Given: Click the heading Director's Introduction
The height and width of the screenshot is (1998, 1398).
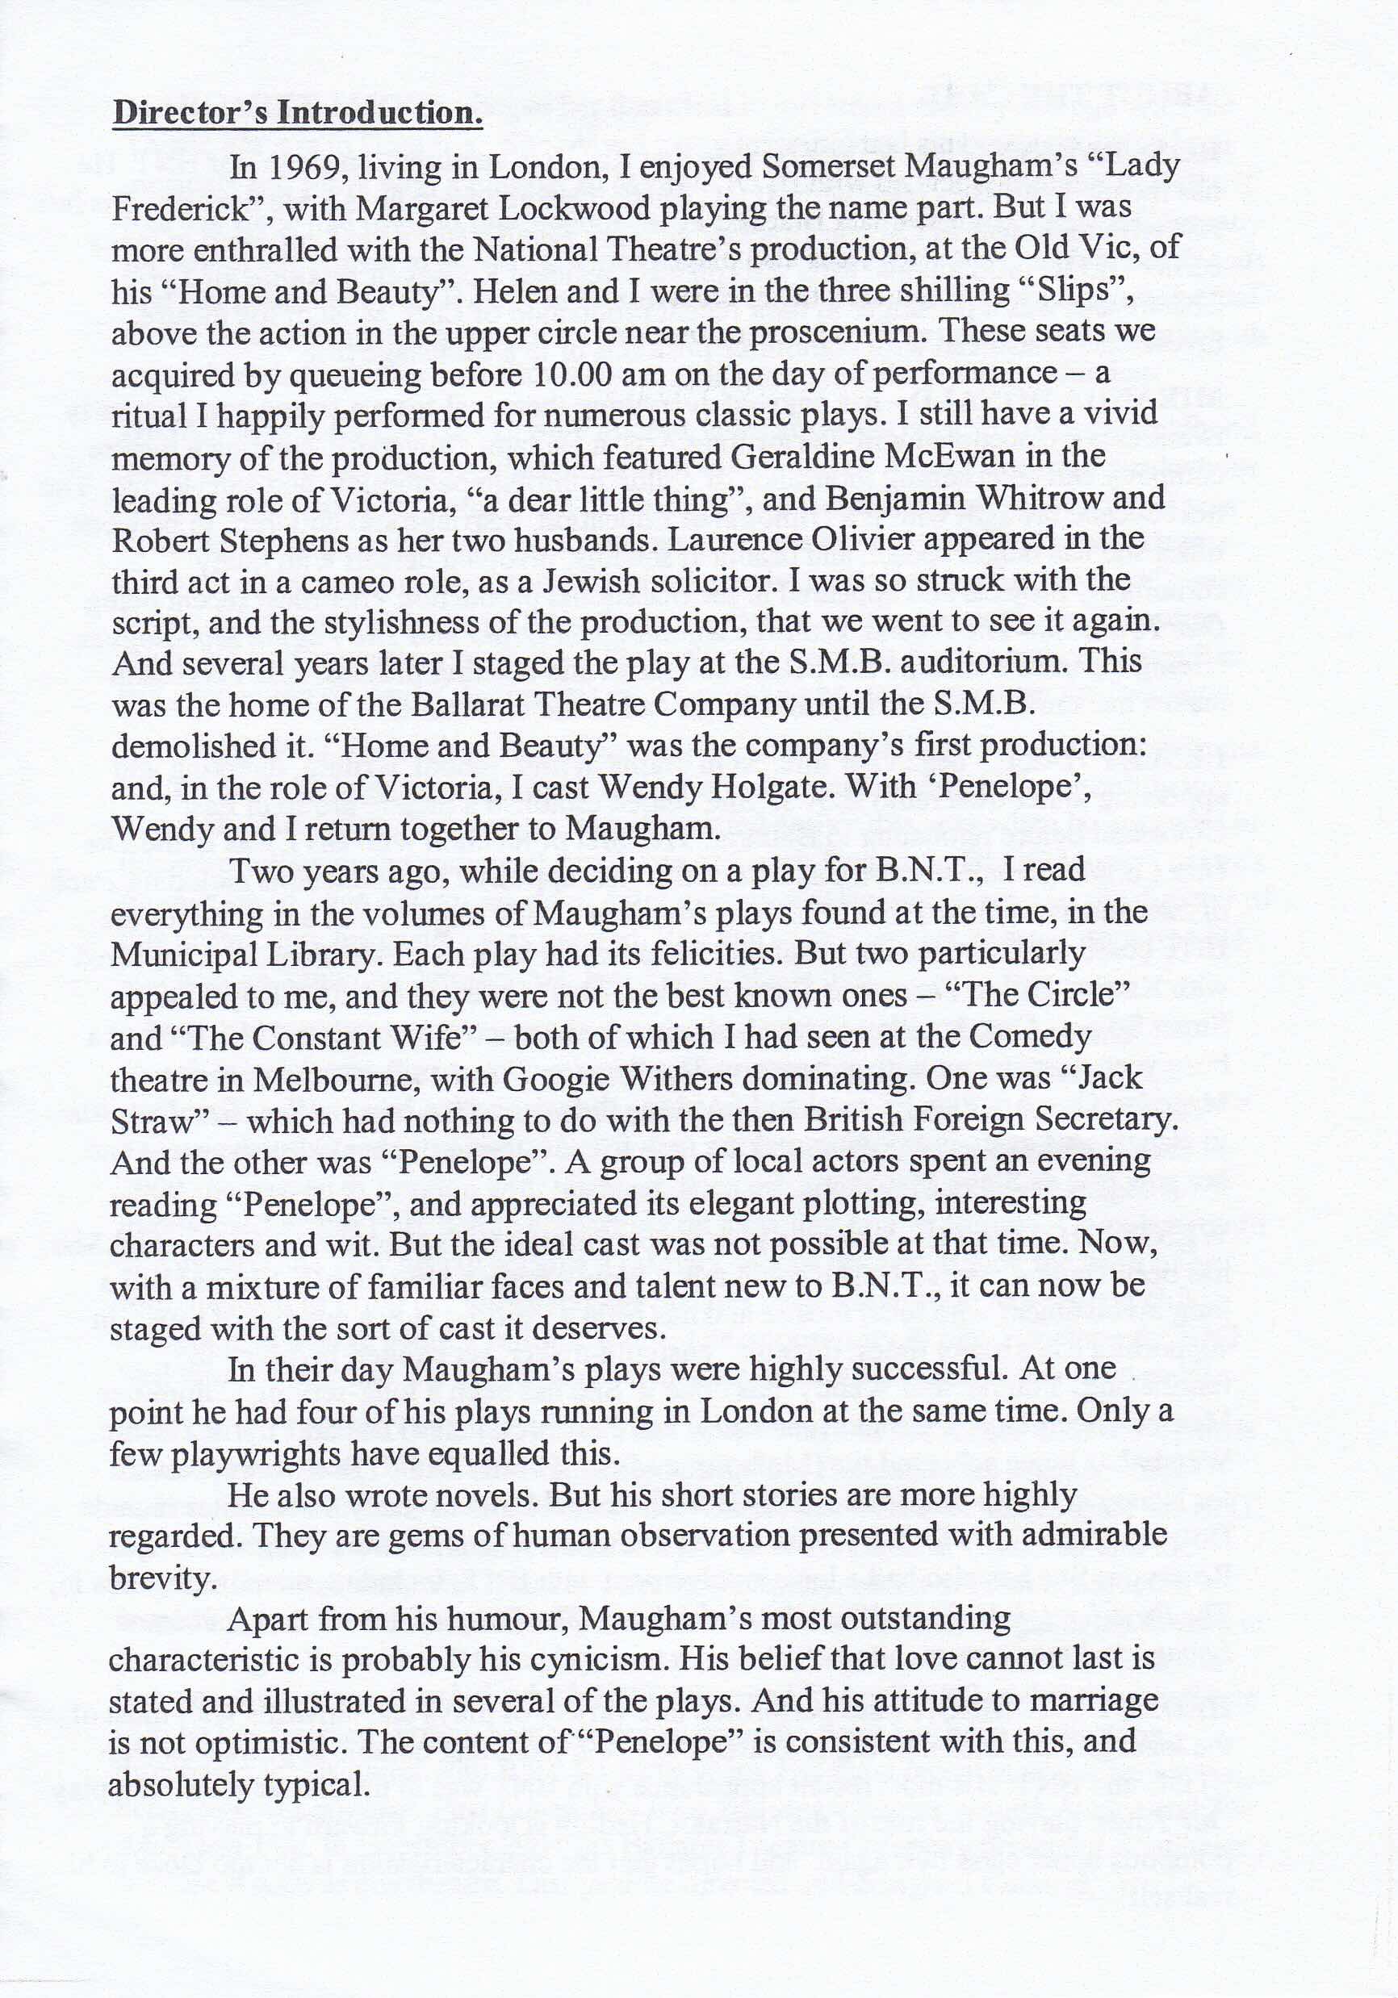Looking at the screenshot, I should (x=297, y=113).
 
